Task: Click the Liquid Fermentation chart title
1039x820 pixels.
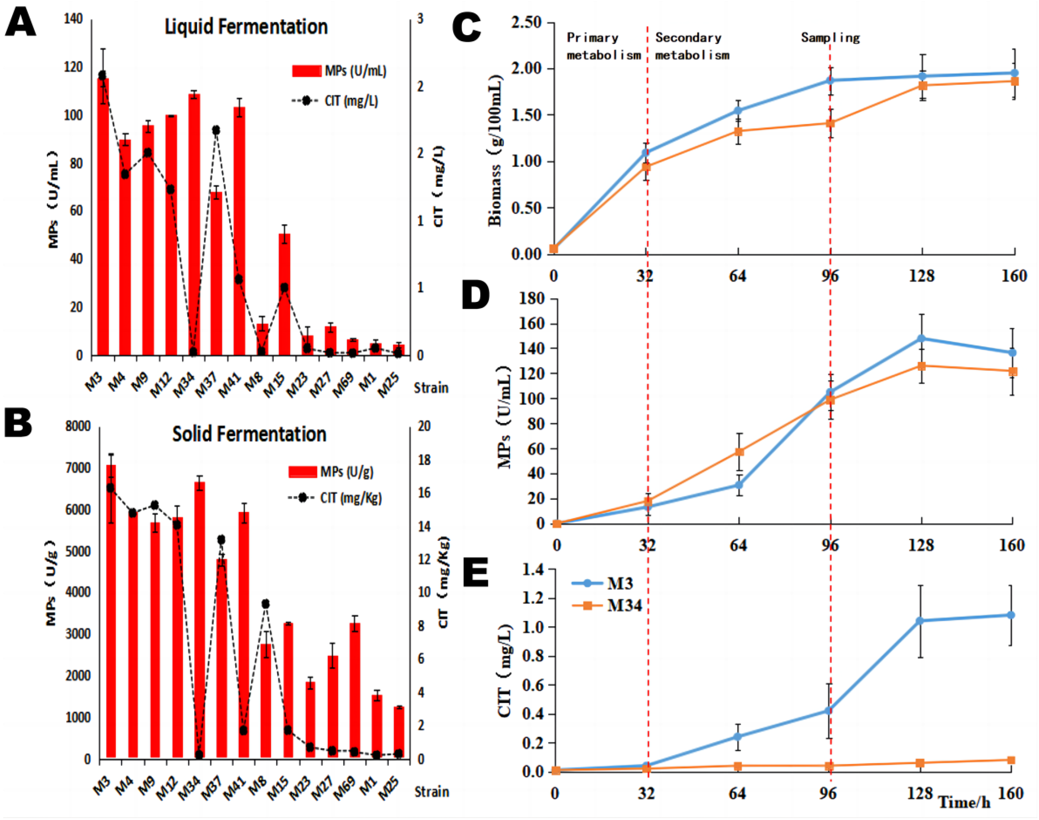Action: [x=246, y=27]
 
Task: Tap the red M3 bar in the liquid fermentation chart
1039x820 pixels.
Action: [x=103, y=216]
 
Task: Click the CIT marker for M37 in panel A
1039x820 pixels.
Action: [x=216, y=130]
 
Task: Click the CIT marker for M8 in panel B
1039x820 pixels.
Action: [x=265, y=603]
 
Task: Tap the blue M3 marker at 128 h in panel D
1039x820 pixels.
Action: [x=921, y=338]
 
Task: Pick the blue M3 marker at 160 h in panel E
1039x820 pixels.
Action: [x=1011, y=615]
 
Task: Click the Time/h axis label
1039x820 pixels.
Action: [x=964, y=802]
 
